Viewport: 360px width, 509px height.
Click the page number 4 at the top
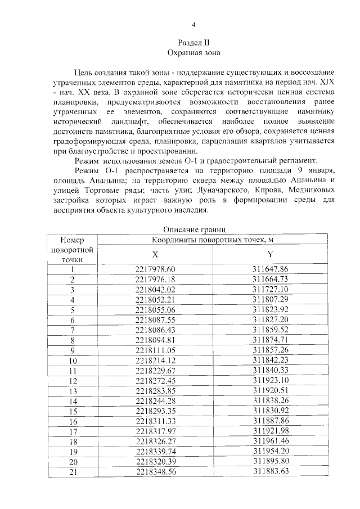pyautogui.click(x=193, y=24)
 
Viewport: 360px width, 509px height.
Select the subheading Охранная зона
pyautogui.click(x=193, y=52)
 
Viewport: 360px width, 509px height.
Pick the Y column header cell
pyautogui.click(x=271, y=254)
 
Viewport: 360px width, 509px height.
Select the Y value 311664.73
pyautogui.click(x=271, y=280)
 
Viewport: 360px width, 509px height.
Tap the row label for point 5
pyautogui.click(x=73, y=310)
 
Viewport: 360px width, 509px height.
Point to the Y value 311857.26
pyautogui.click(x=271, y=350)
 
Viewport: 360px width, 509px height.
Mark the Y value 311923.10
pyautogui.click(x=271, y=380)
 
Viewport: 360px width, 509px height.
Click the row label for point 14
pyautogui.click(x=73, y=400)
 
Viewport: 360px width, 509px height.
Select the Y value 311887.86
pyautogui.click(x=271, y=421)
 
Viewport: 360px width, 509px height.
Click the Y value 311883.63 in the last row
pyautogui.click(x=271, y=471)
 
